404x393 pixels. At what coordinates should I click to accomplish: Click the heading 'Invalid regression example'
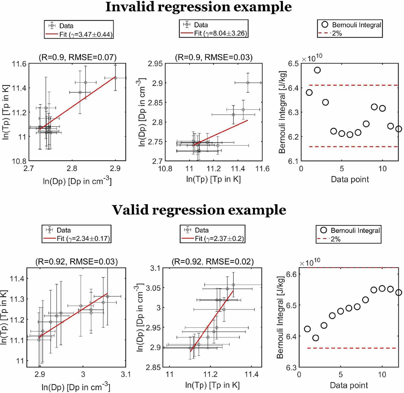coord(199,7)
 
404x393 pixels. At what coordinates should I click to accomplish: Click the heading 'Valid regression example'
coord(199,210)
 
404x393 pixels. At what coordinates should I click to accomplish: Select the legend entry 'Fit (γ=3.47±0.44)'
coord(86,34)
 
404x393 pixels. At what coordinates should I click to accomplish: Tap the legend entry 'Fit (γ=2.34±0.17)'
coord(83,238)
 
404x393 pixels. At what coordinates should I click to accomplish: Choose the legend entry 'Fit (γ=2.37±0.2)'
coord(219,238)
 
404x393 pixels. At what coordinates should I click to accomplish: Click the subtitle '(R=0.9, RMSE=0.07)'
coord(77,57)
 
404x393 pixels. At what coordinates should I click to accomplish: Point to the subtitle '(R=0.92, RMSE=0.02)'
coord(212,261)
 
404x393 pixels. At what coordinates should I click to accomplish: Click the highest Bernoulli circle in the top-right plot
coord(317,70)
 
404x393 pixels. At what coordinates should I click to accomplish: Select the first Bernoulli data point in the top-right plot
coord(309,92)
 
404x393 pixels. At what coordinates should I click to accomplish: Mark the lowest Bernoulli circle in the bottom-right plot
coord(315,338)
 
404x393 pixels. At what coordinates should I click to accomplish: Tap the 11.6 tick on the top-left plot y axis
coord(19,64)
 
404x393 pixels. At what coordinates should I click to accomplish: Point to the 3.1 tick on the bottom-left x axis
coord(126,374)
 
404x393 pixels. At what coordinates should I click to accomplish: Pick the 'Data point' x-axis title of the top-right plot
coord(350,179)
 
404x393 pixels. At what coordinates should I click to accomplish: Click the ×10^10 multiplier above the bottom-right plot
coord(311,262)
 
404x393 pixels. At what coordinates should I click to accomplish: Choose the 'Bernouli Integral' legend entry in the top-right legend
coord(357,25)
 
